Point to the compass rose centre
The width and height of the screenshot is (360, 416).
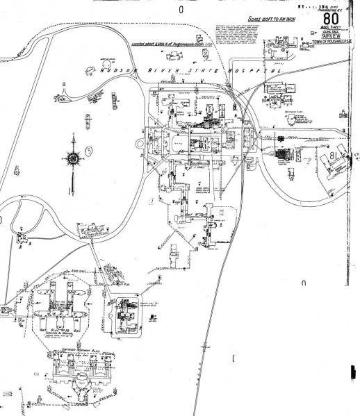[72, 158]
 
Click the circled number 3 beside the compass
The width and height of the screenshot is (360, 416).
[88, 150]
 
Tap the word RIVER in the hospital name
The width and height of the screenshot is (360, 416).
[163, 71]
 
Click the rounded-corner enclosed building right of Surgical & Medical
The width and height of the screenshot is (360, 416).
[126, 314]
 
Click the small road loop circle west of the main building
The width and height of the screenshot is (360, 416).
[140, 144]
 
